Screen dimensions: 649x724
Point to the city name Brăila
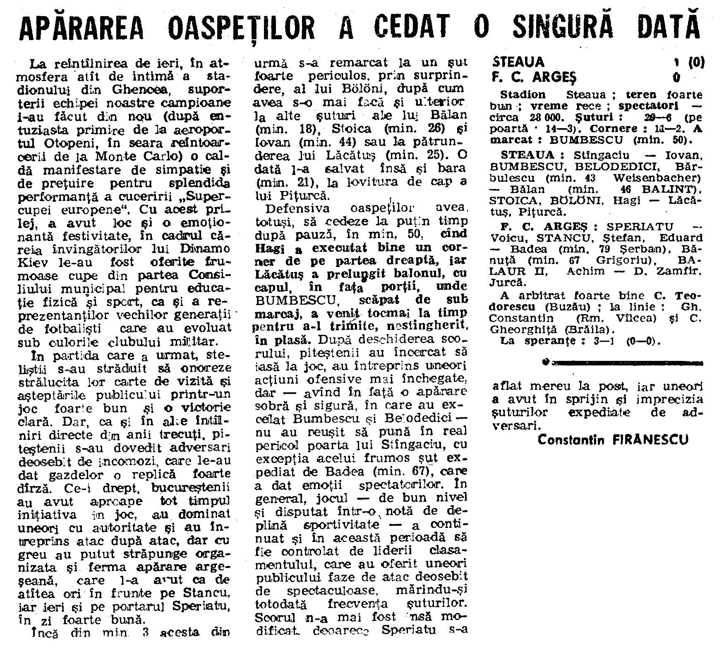588,329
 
